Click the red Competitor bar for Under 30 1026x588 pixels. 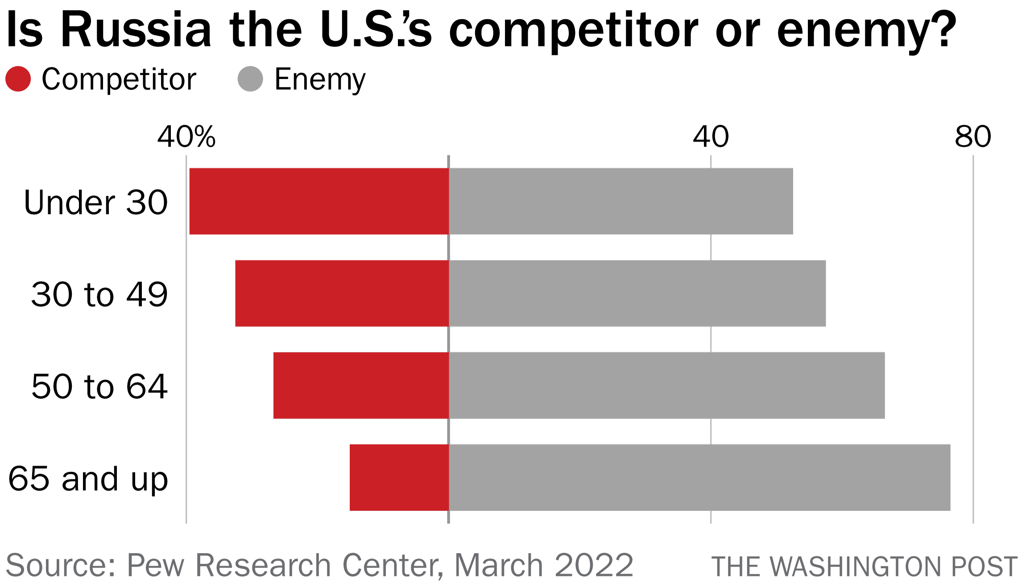pos(319,201)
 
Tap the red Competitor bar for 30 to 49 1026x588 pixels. pos(342,293)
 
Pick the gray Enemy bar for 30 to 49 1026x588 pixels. pos(637,293)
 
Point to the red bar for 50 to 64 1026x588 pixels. pos(361,385)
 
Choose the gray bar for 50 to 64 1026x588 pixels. pos(666,385)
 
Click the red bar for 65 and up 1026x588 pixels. pos(399,477)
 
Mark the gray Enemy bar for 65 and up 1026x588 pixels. pos(699,477)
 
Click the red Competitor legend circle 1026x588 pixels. pos(18,79)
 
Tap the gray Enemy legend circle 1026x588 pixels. pos(250,79)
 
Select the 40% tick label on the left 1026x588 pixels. pos(186,137)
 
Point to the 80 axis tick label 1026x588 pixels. pos(973,137)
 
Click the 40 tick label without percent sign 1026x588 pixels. pos(711,137)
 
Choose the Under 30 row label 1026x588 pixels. pos(96,203)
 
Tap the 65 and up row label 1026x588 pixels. pos(88,479)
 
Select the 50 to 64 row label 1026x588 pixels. pos(99,386)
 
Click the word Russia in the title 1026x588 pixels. pos(136,30)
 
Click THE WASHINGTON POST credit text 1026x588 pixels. pos(864,567)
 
